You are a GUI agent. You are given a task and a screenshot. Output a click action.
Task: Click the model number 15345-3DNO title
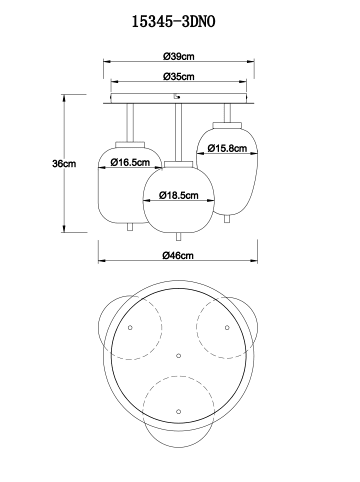point(174,22)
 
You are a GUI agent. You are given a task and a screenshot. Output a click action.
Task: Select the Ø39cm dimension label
point(179,56)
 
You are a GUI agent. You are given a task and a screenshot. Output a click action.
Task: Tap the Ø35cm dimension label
point(179,77)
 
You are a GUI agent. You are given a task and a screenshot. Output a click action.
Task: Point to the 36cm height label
point(64,164)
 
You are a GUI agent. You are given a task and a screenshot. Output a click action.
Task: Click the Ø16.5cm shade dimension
point(130,162)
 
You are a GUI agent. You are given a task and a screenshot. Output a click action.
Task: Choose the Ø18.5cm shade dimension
point(179,195)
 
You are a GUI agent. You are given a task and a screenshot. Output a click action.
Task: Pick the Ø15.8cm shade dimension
point(227,148)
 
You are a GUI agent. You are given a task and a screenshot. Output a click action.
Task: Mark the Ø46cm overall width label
point(178,255)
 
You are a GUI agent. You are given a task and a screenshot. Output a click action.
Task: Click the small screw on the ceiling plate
point(177,97)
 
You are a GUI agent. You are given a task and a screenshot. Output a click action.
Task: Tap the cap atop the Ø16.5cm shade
point(130,145)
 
